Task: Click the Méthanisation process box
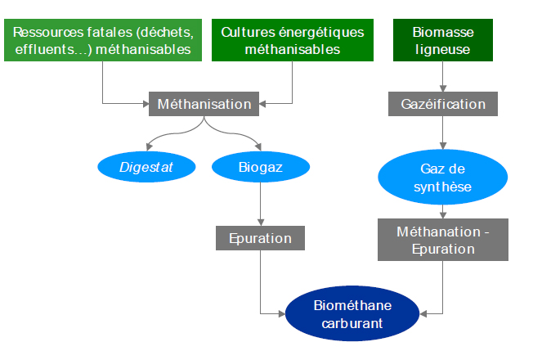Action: [x=204, y=104]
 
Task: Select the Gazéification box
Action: [x=443, y=104]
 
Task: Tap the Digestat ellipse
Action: [x=146, y=167]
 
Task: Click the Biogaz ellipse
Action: [x=261, y=167]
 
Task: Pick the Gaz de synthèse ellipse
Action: [x=442, y=177]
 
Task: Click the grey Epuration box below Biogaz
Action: [x=261, y=238]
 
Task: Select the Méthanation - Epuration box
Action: [x=443, y=240]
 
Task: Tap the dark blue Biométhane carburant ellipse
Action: [x=352, y=313]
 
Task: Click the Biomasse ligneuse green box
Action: [x=443, y=40]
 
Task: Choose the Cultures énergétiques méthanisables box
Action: [x=293, y=40]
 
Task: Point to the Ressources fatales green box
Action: [x=103, y=40]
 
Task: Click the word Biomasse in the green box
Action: [x=443, y=33]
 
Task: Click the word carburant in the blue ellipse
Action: [x=352, y=323]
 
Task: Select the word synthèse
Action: [x=442, y=187]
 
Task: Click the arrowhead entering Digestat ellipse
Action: [x=149, y=146]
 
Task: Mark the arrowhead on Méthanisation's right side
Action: [x=262, y=104]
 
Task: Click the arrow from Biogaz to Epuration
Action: [x=261, y=205]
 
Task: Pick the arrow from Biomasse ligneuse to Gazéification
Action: [x=443, y=77]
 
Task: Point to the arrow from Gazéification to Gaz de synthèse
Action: [x=443, y=133]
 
